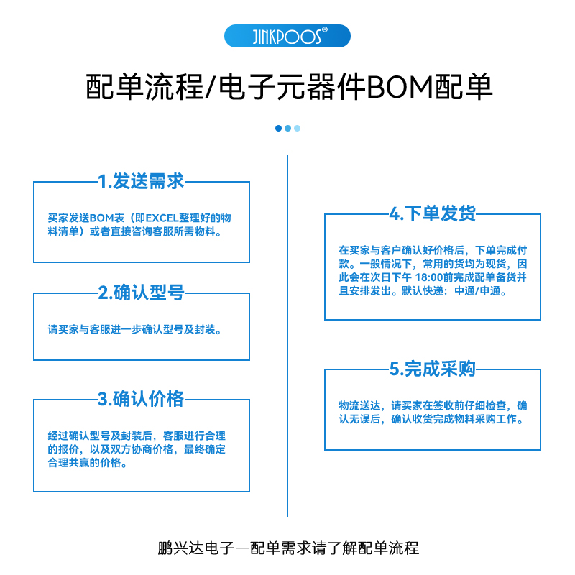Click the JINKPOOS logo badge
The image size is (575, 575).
pos(287,36)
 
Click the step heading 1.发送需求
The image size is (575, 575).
pos(141,182)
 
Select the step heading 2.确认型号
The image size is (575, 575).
pos(141,293)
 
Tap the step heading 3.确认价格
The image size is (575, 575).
pos(141,399)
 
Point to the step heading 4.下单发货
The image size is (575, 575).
pos(432,213)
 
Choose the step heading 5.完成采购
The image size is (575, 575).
pos(432,369)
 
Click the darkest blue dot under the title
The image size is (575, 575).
pos(279,128)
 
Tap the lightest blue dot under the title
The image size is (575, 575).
pos(297,128)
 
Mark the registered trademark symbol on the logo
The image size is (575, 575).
pos(325,29)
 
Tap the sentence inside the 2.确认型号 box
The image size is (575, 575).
pos(134,330)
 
